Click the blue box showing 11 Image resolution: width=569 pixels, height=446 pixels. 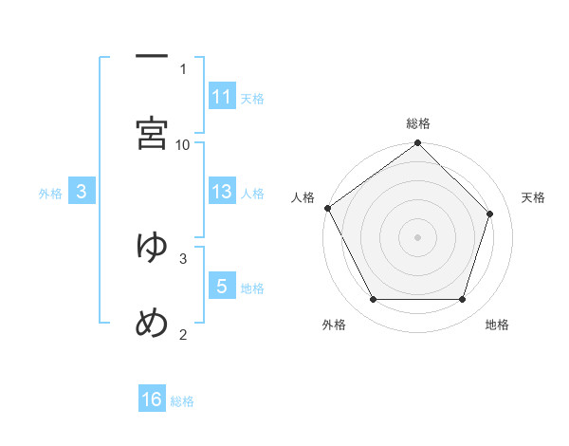click(222, 96)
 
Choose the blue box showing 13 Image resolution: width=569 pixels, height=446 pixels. click(222, 192)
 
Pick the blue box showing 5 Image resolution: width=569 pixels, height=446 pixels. click(222, 286)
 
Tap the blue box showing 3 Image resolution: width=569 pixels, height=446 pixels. click(82, 192)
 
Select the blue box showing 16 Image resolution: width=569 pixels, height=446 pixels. click(152, 400)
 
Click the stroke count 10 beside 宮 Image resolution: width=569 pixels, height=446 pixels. click(183, 144)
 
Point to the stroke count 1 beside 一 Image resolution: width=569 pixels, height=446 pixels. click(183, 68)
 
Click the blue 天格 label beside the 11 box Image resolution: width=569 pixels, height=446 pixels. click(252, 98)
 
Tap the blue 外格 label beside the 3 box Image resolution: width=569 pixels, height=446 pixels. click(50, 194)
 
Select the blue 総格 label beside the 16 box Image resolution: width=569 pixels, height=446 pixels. click(182, 401)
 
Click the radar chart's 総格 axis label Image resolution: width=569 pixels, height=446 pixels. click(418, 123)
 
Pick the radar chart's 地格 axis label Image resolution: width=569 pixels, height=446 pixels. click(497, 325)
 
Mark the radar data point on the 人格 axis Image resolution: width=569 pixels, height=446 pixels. click(327, 208)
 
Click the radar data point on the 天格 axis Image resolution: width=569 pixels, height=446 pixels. click(490, 214)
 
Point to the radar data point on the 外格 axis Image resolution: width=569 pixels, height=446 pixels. click(373, 300)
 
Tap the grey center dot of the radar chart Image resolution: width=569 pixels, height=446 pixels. click(418, 237)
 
